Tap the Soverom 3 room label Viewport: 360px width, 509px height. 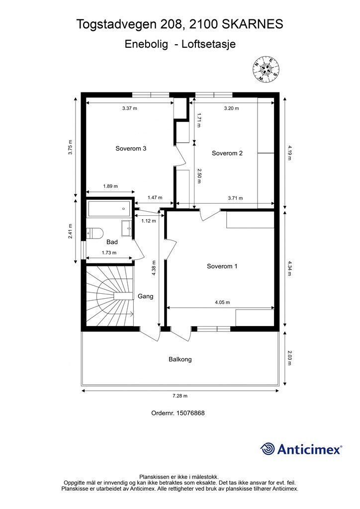(x=131, y=148)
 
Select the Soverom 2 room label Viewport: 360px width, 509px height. (x=227, y=153)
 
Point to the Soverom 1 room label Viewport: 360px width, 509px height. (x=222, y=266)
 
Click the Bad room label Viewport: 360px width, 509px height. (x=112, y=242)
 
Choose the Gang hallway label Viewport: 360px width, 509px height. (x=145, y=296)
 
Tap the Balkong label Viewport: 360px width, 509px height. (x=180, y=359)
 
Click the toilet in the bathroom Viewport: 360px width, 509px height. (x=94, y=233)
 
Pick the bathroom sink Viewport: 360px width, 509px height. (x=126, y=228)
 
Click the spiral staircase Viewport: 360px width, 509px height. (x=109, y=295)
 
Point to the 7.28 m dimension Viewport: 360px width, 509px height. (x=180, y=396)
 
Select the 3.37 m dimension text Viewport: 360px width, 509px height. (x=130, y=108)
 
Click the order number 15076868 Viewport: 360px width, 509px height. (x=178, y=413)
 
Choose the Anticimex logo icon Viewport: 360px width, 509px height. (x=268, y=449)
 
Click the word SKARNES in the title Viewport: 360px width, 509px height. (x=254, y=23)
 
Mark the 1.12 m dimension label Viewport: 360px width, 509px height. (x=148, y=221)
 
